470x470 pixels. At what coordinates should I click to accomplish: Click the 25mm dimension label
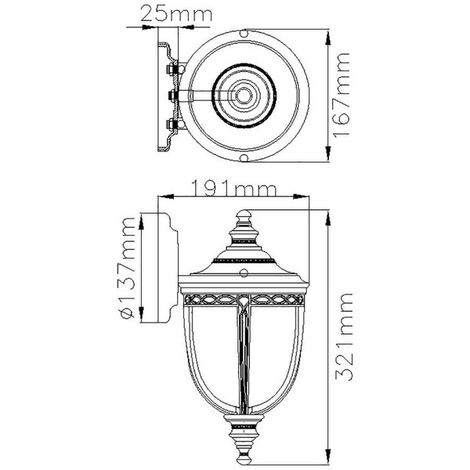click(x=176, y=14)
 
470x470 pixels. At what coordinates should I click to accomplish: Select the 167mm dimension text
click(x=342, y=96)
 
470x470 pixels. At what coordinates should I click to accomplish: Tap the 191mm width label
click(x=233, y=189)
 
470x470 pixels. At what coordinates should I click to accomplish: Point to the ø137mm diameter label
click(x=127, y=268)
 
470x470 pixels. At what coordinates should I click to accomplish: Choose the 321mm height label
click(x=344, y=337)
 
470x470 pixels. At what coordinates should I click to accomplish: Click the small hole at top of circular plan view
click(x=244, y=33)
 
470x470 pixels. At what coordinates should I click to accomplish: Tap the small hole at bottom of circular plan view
click(x=244, y=157)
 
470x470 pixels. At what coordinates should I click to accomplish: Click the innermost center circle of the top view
click(x=244, y=96)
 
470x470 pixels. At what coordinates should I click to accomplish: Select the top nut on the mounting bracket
click(x=171, y=69)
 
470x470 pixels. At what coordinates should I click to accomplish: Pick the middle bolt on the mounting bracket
click(x=172, y=96)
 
